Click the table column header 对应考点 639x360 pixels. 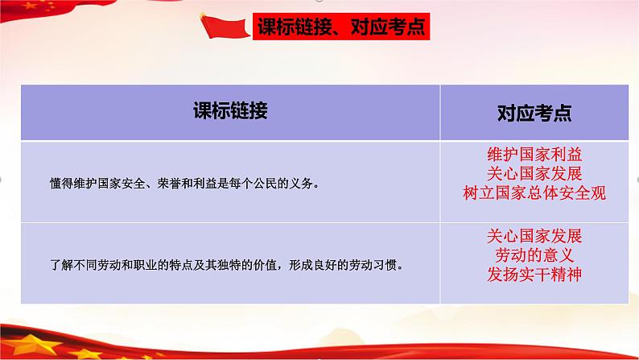tap(534, 114)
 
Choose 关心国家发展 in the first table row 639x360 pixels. tap(534, 174)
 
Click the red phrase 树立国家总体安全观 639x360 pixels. tap(534, 193)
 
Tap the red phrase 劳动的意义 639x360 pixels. tap(534, 255)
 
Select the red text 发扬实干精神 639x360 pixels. tap(534, 275)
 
